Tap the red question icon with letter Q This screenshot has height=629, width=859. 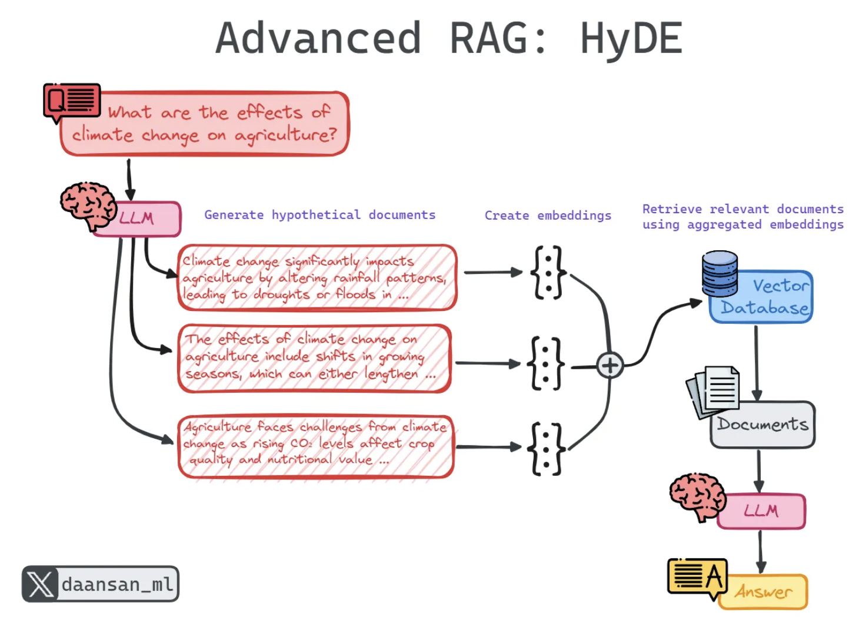[x=71, y=101]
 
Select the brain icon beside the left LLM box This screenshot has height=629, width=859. [x=89, y=204]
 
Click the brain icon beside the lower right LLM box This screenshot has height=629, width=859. [x=698, y=496]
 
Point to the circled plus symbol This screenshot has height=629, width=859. [x=610, y=366]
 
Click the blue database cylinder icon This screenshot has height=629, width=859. [x=720, y=274]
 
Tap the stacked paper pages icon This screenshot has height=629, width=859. [x=714, y=390]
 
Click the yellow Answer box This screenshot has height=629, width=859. [x=764, y=591]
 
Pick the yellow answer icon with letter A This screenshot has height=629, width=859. [x=698, y=577]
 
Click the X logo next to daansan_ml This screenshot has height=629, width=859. [x=40, y=584]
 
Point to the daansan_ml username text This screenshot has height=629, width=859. [x=118, y=584]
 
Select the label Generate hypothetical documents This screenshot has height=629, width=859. [x=319, y=215]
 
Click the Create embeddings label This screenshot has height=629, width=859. [x=548, y=216]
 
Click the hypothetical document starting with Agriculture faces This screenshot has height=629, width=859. [x=316, y=446]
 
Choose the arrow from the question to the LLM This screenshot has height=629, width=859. [x=129, y=179]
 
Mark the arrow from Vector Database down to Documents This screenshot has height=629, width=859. [x=757, y=362]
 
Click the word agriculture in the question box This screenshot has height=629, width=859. [x=285, y=135]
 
